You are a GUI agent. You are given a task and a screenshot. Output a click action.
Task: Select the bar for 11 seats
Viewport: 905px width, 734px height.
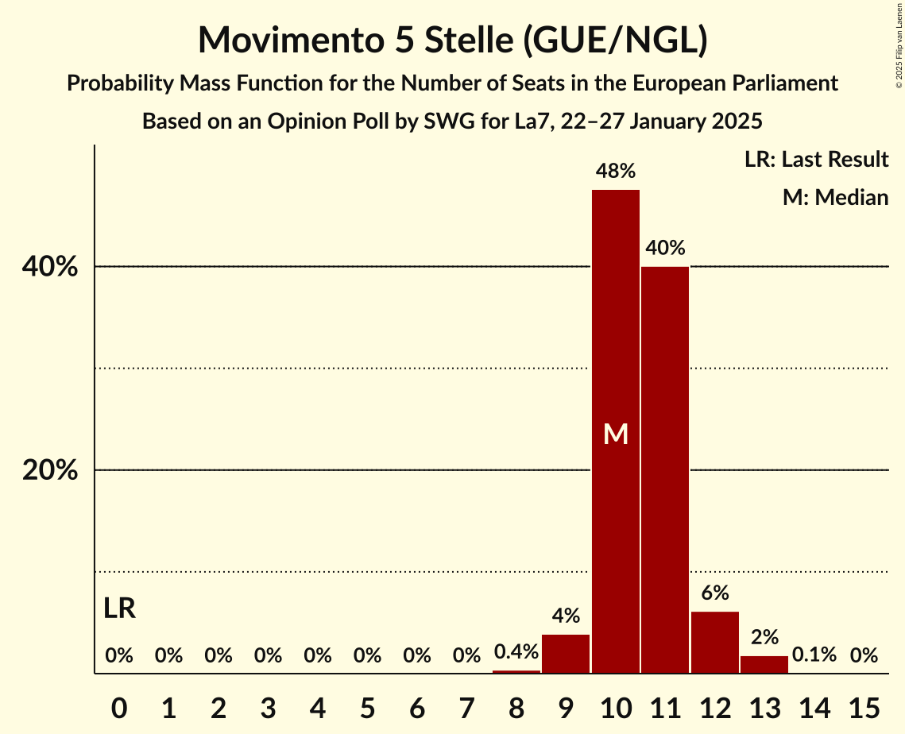coord(665,469)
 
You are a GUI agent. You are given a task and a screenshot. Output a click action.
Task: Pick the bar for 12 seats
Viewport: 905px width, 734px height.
coord(715,642)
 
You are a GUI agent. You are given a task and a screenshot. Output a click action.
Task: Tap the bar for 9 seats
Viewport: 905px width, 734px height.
coord(566,653)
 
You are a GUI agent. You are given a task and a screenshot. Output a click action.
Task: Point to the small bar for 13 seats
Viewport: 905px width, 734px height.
coord(764,664)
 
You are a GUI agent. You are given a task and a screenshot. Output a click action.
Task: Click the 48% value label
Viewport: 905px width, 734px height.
coord(616,171)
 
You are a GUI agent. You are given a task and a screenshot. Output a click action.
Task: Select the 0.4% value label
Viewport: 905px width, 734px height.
coord(516,652)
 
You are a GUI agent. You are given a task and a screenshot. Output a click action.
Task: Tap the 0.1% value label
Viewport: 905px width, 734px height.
coord(814,655)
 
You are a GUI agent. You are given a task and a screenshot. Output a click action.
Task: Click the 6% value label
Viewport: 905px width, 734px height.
coord(715,593)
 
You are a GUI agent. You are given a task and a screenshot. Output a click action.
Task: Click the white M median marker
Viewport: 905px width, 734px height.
coord(616,434)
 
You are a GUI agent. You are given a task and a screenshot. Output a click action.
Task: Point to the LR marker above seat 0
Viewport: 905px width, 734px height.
coord(119,608)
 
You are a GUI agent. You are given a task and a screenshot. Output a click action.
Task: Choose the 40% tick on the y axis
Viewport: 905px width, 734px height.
coord(50,268)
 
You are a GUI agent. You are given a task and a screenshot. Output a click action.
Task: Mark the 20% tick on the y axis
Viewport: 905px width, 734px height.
coord(50,471)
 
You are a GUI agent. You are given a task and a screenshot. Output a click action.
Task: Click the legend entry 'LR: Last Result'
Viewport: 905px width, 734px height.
coord(816,160)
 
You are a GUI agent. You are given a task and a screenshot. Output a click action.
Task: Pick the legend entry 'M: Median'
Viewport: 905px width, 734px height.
coord(835,197)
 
